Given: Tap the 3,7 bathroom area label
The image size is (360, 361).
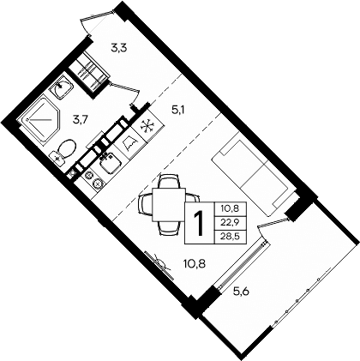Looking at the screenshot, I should (81, 118).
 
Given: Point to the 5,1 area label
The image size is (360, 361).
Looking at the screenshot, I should (178, 109).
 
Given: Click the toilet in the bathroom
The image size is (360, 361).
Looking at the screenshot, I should (60, 155).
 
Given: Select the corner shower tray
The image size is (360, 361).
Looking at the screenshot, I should (38, 122).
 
